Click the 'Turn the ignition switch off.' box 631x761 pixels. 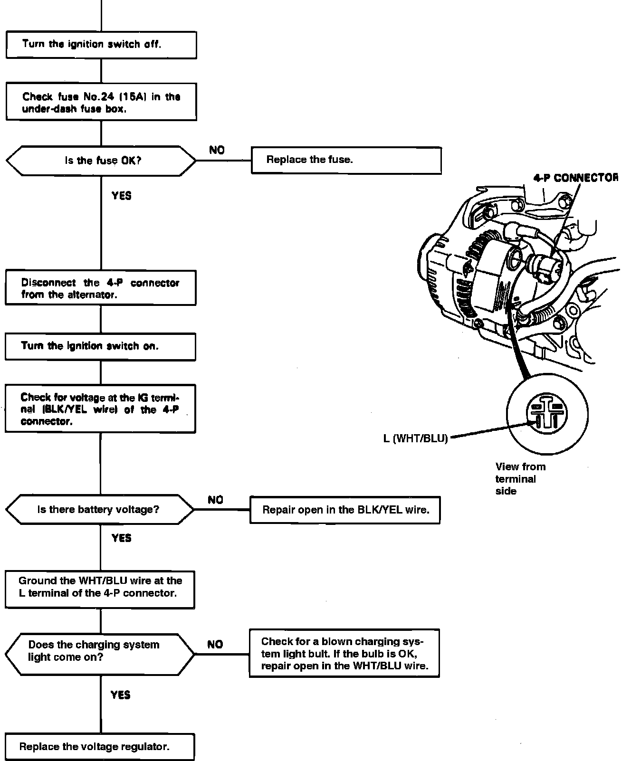click(x=101, y=45)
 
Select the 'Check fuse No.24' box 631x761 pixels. click(x=101, y=103)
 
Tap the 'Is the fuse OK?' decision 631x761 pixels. click(x=101, y=161)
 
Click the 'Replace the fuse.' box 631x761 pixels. click(x=346, y=160)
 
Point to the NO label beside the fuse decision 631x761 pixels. click(x=217, y=150)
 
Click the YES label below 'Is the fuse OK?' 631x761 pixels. click(x=122, y=195)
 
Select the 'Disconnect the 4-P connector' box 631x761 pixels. click(x=100, y=288)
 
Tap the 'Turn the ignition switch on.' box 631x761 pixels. click(x=100, y=346)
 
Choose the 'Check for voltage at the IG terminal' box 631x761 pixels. click(x=100, y=409)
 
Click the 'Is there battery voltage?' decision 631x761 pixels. click(x=99, y=510)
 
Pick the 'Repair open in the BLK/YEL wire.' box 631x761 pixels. click(x=345, y=510)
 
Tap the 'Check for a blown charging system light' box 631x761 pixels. click(x=344, y=653)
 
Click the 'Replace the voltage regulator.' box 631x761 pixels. click(x=100, y=747)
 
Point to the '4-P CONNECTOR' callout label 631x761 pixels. click(x=575, y=178)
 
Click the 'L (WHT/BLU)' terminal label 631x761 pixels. click(x=416, y=438)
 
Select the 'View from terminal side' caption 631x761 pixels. click(x=520, y=479)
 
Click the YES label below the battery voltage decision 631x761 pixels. click(x=122, y=538)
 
